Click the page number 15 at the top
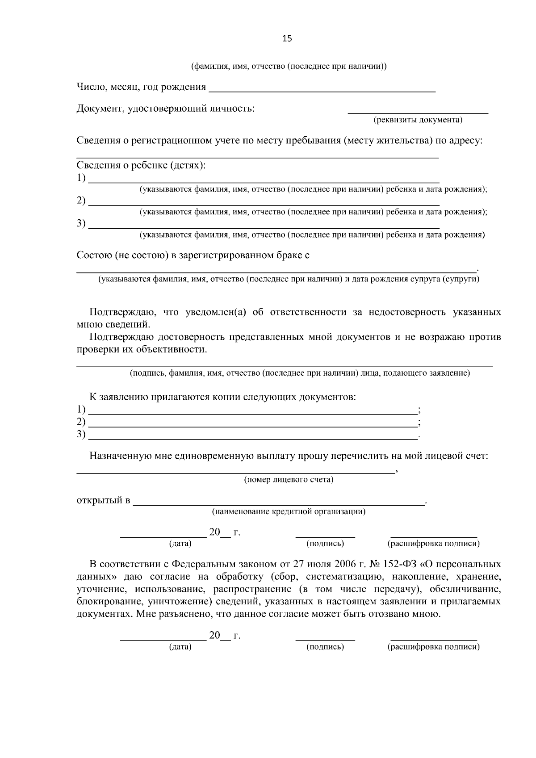pyautogui.click(x=287, y=38)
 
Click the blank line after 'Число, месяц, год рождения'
pyautogui.click(x=322, y=91)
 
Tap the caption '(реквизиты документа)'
pyautogui.click(x=418, y=120)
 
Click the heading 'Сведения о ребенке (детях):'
pyautogui.click(x=141, y=166)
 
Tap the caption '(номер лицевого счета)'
pyautogui.click(x=289, y=480)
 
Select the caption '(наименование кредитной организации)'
pyautogui.click(x=289, y=511)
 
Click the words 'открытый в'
pyautogui.click(x=103, y=500)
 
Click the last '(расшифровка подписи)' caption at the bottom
pyautogui.click(x=433, y=647)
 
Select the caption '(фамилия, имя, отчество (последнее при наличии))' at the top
pyautogui.click(x=289, y=67)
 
